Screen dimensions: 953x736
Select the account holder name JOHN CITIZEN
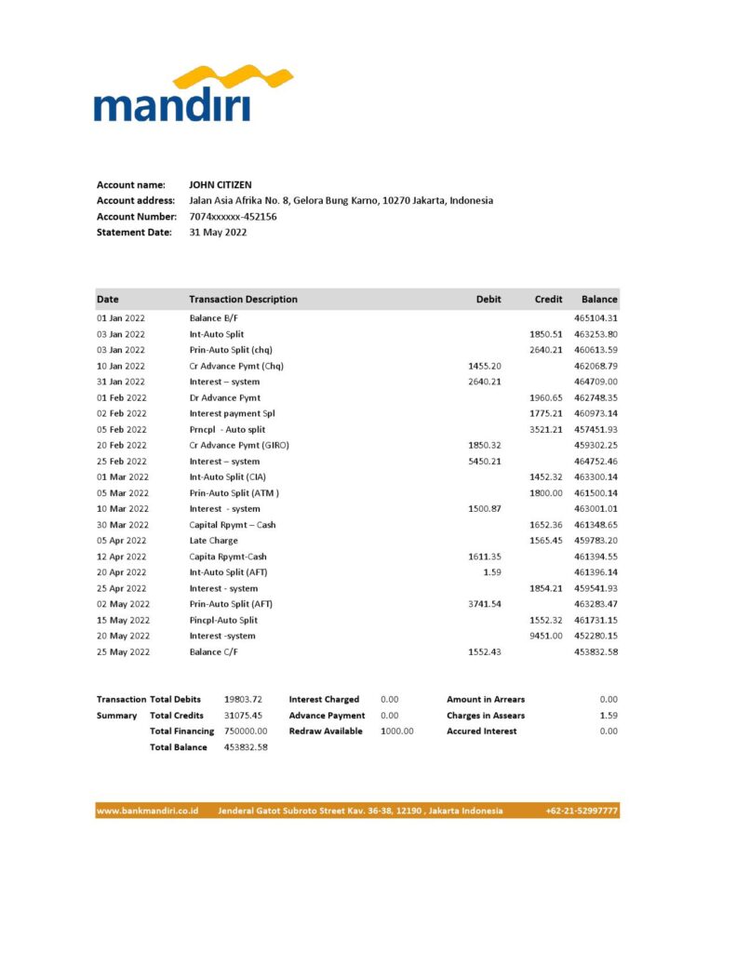(x=220, y=185)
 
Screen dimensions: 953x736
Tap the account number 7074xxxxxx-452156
(x=233, y=217)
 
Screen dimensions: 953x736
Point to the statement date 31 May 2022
(x=218, y=233)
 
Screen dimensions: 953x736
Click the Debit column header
(x=488, y=300)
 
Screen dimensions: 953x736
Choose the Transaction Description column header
(x=243, y=300)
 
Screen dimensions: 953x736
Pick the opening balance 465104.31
(x=596, y=318)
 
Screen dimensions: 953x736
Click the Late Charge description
(x=213, y=541)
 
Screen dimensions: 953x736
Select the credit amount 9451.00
(x=546, y=636)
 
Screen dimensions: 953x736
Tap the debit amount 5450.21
(x=485, y=462)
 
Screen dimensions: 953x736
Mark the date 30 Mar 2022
(x=122, y=525)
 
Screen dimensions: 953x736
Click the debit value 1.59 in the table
(x=493, y=572)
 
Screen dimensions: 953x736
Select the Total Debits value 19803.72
(x=243, y=700)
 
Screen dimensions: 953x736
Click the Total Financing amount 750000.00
(x=247, y=732)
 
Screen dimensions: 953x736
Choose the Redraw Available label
(x=325, y=732)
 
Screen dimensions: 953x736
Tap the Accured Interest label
(x=482, y=732)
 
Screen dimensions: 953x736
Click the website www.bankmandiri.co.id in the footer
(x=148, y=812)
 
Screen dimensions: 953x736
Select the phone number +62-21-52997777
(x=582, y=812)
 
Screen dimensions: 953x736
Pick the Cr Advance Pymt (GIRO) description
(x=239, y=446)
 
